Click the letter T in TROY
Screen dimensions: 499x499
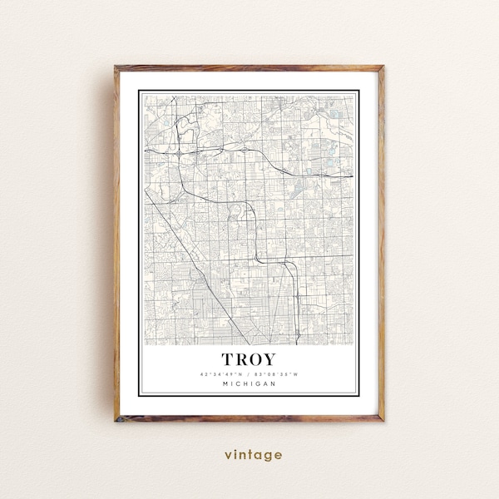(228, 359)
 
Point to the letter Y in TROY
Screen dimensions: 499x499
(272, 359)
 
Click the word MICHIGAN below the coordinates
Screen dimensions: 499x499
(249, 383)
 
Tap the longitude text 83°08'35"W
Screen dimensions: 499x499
(278, 373)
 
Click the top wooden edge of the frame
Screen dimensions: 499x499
(249, 67)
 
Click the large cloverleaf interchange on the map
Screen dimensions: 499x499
(180, 153)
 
